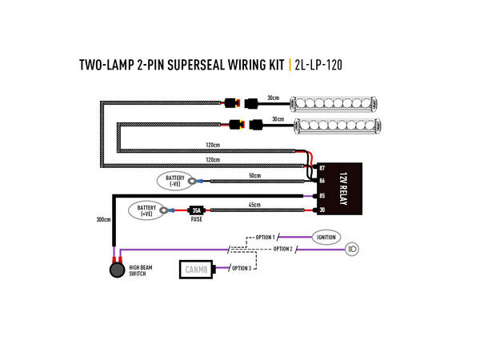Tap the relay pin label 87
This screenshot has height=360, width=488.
pos(322,168)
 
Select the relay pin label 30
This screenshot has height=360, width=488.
pos(322,210)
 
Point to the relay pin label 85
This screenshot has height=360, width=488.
pos(322,196)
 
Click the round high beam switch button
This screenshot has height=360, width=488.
pos(118,270)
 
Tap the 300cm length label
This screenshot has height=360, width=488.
pos(102,219)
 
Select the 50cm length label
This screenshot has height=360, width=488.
pos(255,174)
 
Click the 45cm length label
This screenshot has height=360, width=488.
pos(254,205)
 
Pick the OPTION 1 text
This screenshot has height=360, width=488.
pos(265,238)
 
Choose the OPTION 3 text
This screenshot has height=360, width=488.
pos(241,268)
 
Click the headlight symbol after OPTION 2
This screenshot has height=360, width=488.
pos(352,250)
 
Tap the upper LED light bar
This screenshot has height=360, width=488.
pos(329,104)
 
